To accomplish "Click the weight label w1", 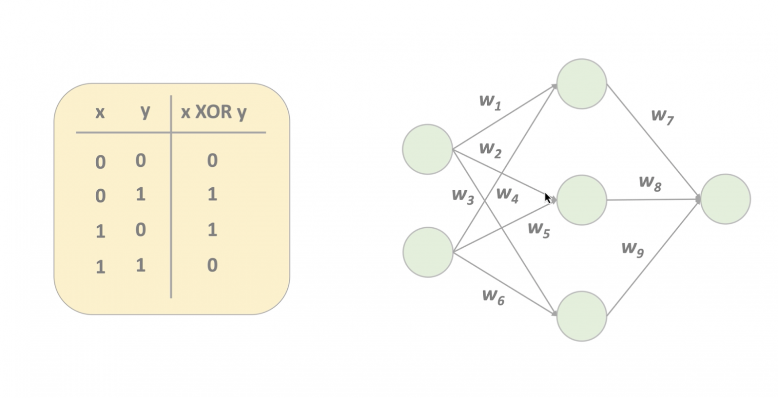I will click(x=490, y=101).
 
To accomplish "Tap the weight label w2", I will click(x=490, y=149).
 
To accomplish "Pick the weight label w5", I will click(x=539, y=229).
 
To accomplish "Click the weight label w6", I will click(x=493, y=296).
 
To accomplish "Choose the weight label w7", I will click(x=662, y=116).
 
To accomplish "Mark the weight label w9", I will click(x=632, y=248).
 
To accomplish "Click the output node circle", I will click(x=725, y=199).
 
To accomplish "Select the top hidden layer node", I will click(x=582, y=84).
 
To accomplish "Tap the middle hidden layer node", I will click(x=582, y=200).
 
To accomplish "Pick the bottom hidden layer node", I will click(x=582, y=316).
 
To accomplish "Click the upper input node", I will click(x=427, y=149).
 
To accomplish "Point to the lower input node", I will click(x=427, y=252).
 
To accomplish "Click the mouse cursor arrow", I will click(x=547, y=198).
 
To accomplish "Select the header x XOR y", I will click(x=213, y=112).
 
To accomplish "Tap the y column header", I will click(x=145, y=111).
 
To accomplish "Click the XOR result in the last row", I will click(x=212, y=265).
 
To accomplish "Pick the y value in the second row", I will click(x=141, y=194).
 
